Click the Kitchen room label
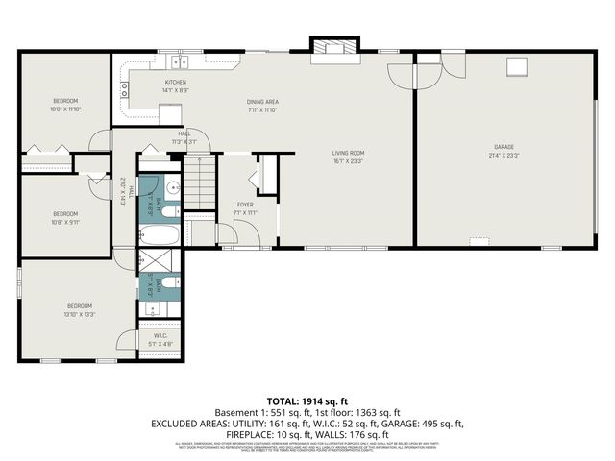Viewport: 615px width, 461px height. coord(175,84)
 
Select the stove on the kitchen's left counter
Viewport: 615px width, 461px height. coord(124,90)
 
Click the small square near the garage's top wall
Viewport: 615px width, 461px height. coord(519,65)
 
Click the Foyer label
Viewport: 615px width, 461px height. coord(245,205)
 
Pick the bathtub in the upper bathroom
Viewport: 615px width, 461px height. coord(160,235)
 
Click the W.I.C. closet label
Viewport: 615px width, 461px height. coord(160,336)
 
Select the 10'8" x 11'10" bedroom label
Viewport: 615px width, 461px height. coord(65,105)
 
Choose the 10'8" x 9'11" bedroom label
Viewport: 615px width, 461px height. coord(65,217)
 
